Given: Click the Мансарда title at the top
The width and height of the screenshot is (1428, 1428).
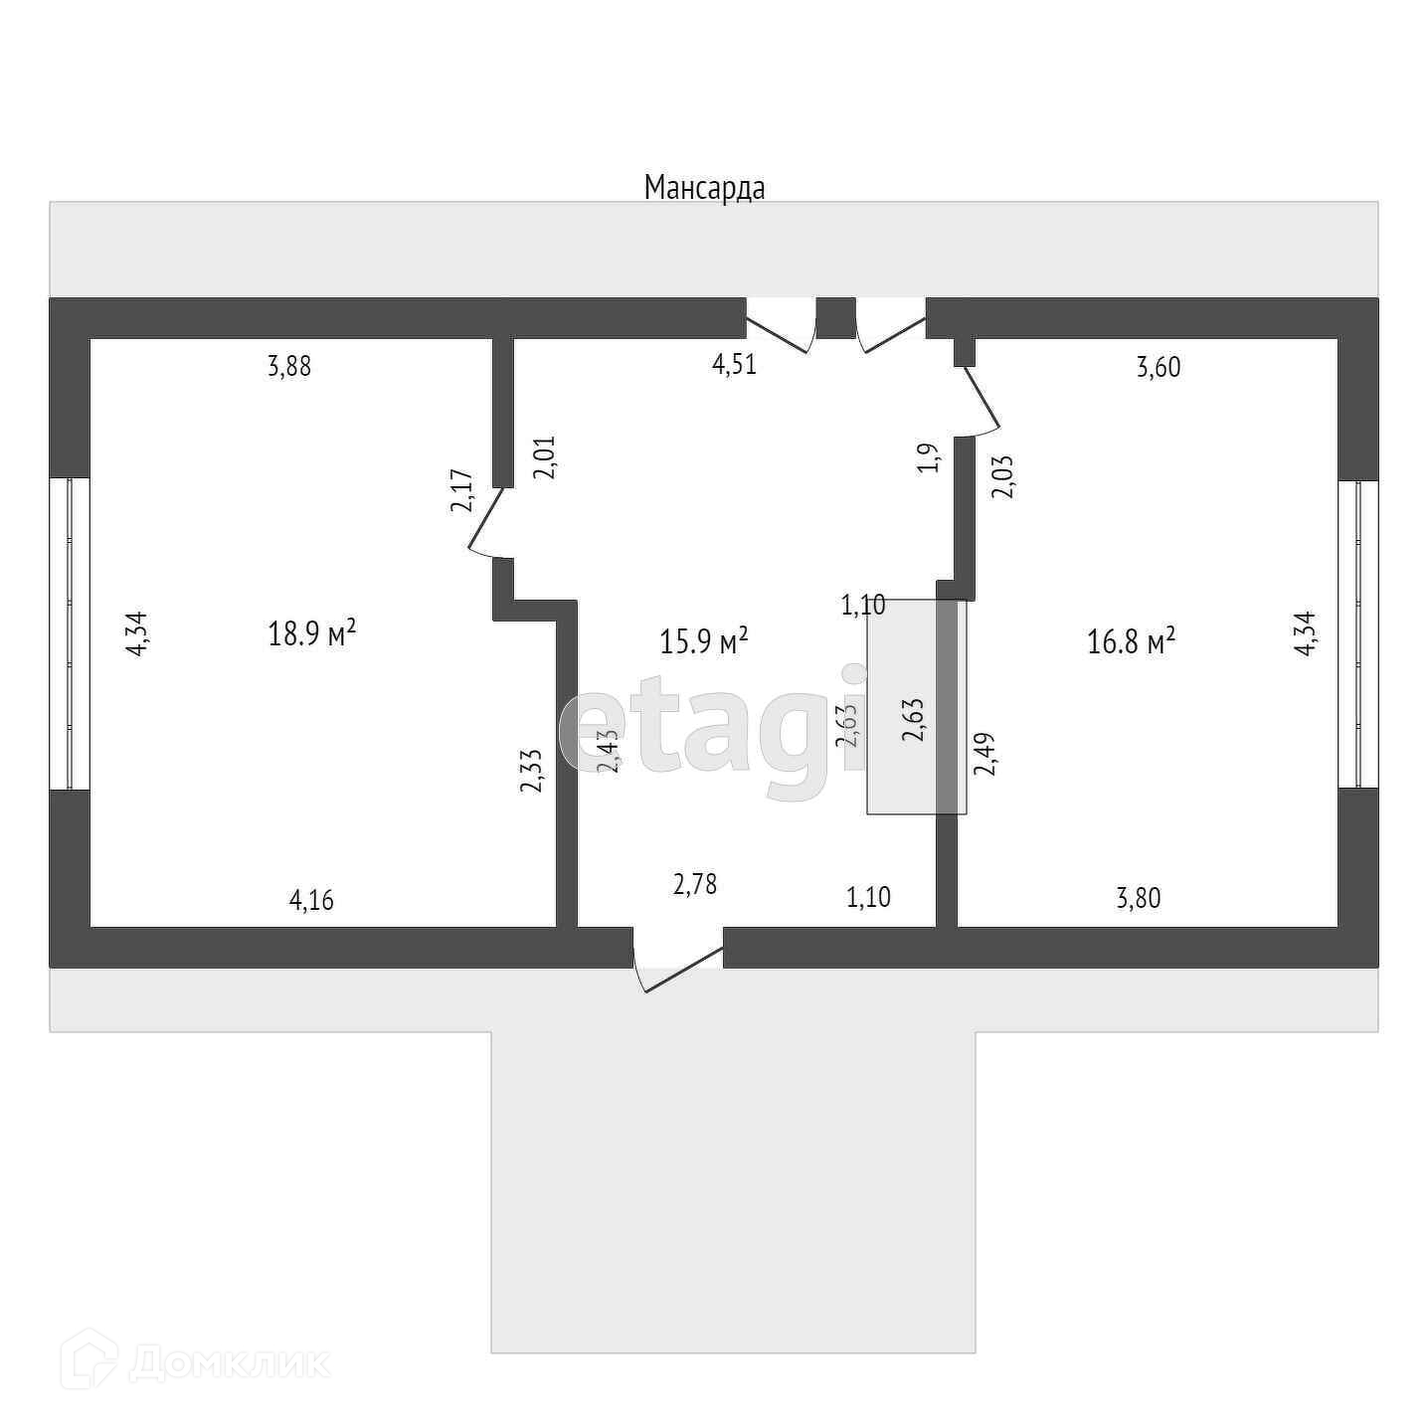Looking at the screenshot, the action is (704, 187).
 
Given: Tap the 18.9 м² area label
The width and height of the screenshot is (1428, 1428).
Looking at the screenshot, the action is (311, 633).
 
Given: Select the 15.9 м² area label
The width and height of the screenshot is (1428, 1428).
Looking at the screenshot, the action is (703, 641).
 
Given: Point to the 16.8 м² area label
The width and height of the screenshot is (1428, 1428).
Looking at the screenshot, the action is (1131, 641).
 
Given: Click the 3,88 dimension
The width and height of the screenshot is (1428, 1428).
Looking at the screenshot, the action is (289, 367).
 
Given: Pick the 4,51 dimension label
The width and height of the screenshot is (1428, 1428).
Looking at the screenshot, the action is (734, 364).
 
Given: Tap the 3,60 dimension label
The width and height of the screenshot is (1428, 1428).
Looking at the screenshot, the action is (1159, 368).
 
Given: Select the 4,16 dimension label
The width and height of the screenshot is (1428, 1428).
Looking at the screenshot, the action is (311, 901).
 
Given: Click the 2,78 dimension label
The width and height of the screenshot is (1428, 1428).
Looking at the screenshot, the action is (695, 884).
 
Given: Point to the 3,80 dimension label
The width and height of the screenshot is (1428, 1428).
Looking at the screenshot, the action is (1139, 899).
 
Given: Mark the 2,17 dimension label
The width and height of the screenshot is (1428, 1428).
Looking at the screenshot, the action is (461, 489).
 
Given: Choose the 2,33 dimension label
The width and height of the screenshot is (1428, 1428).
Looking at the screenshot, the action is (531, 771).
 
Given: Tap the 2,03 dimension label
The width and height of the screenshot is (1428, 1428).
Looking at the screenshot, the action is (1003, 475).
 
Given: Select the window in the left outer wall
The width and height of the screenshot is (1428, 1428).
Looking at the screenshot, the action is (70, 633).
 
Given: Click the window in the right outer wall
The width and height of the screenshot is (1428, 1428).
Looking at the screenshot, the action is (1357, 634).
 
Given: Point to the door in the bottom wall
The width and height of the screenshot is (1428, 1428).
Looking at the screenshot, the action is (678, 965).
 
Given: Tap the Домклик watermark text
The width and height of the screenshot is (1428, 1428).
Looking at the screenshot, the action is (229, 1362).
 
